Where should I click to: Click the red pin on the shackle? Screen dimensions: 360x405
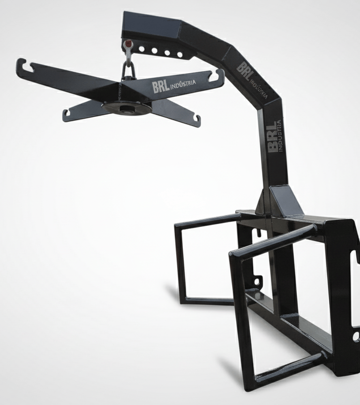pyautogui.click(x=127, y=43)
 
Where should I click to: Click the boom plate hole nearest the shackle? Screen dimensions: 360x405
pyautogui.click(x=141, y=49)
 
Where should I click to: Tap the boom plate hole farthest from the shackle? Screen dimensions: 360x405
pyautogui.click(x=180, y=54)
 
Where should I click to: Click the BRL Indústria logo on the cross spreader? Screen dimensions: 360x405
pyautogui.click(x=174, y=85)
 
